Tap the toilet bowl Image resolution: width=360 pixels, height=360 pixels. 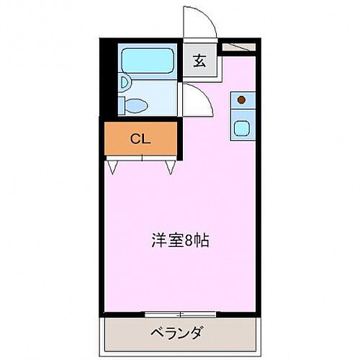137,105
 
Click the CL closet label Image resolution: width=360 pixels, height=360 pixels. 140,139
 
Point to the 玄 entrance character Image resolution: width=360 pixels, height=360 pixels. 199,60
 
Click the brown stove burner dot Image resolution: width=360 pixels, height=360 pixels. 242,99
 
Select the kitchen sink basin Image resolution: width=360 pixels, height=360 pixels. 241,129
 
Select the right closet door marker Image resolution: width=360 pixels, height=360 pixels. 171,167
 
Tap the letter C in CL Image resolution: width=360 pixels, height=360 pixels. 135,139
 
